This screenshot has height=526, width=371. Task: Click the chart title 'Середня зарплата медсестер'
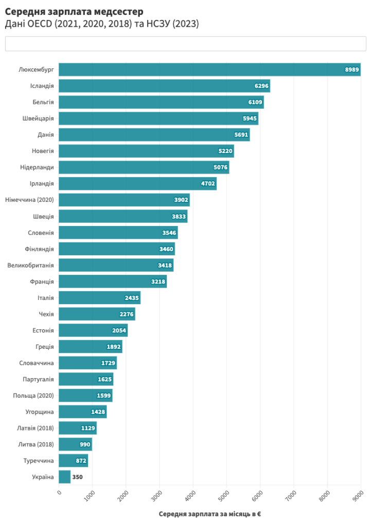[x=74, y=11]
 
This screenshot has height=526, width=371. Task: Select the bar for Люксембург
[x=206, y=69]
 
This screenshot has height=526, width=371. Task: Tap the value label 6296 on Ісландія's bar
[x=261, y=86]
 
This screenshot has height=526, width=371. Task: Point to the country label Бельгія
[x=43, y=102]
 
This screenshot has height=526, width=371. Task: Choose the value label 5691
[x=241, y=135]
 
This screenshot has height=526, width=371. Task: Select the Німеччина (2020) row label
[x=29, y=200]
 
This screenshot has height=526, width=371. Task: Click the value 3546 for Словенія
[x=169, y=233]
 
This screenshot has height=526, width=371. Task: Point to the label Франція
[x=42, y=281]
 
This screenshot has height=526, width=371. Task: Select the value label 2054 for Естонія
[x=119, y=330]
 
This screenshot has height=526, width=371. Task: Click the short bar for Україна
[x=65, y=477]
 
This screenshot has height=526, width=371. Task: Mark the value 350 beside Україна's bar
[x=77, y=477]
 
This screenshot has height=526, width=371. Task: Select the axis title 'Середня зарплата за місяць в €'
[x=209, y=514]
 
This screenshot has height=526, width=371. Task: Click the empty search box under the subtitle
[x=185, y=44]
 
